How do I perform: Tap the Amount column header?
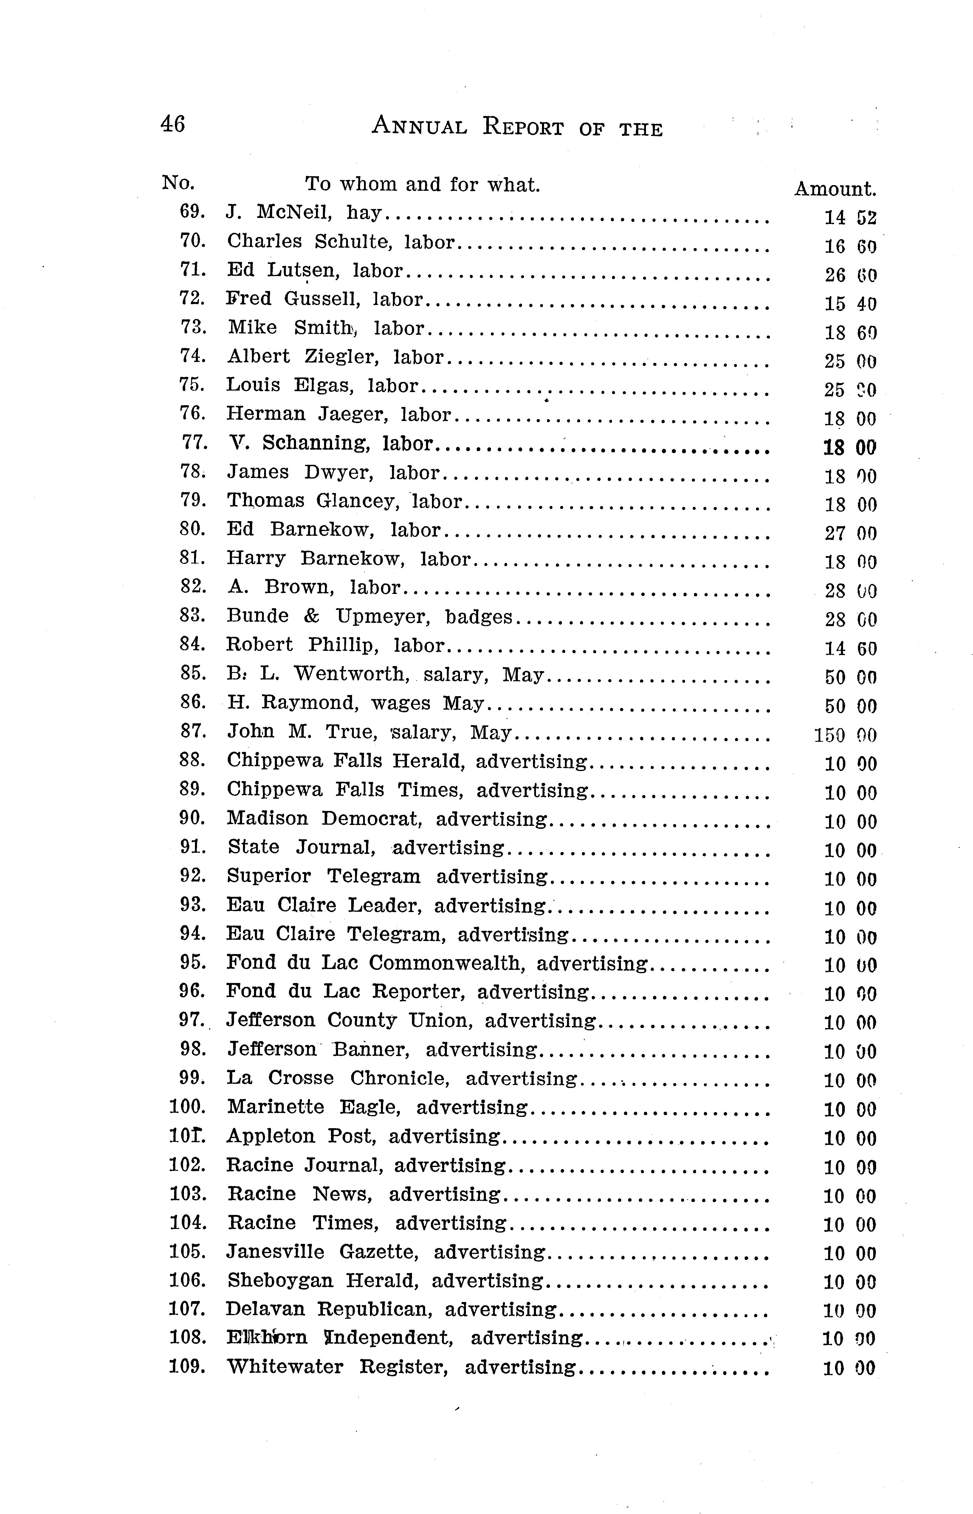tap(835, 189)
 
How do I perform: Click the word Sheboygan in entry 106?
tap(279, 1281)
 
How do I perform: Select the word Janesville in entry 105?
tap(275, 1252)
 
